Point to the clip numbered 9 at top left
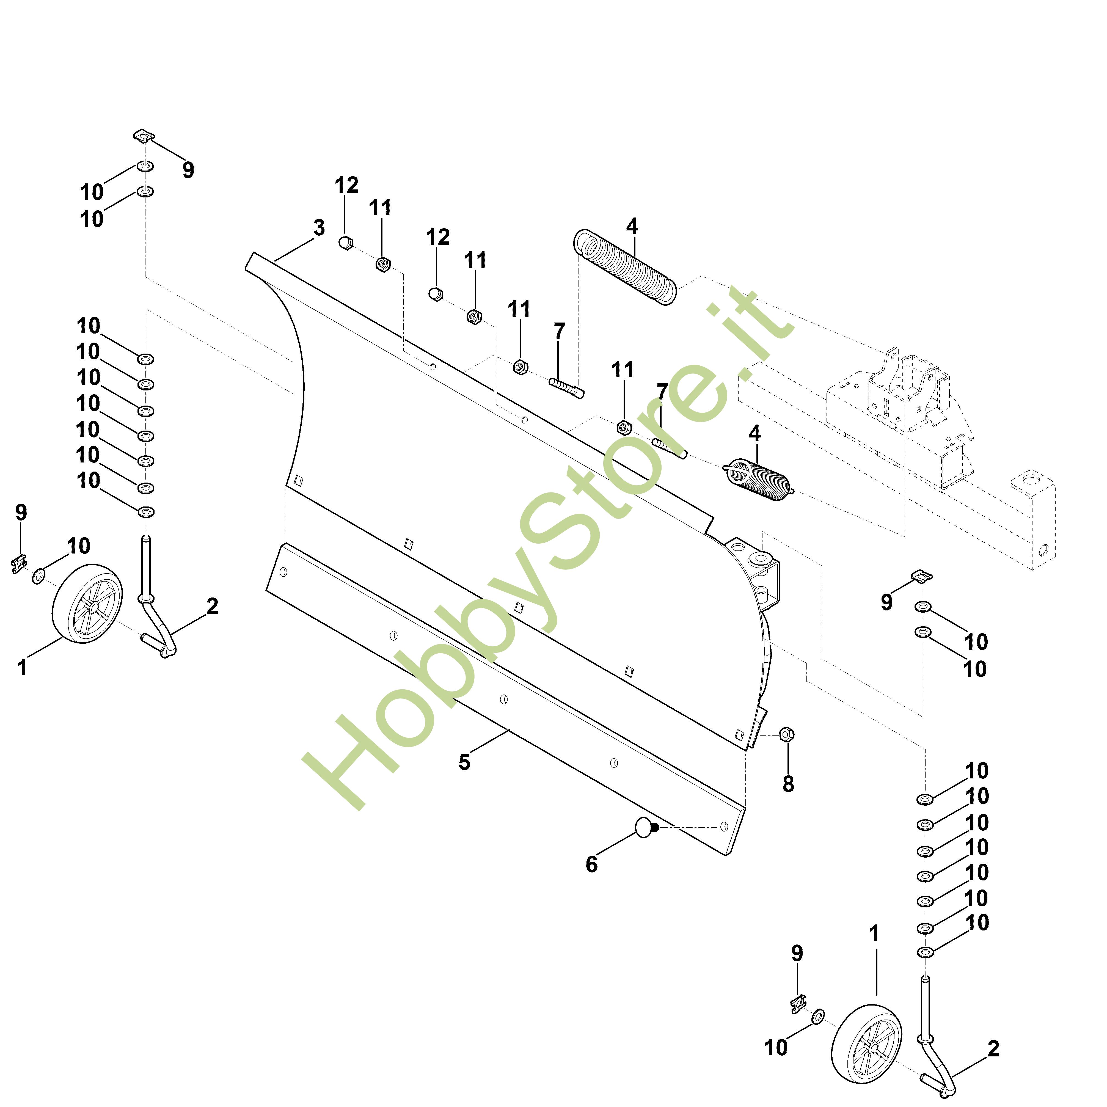144,136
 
